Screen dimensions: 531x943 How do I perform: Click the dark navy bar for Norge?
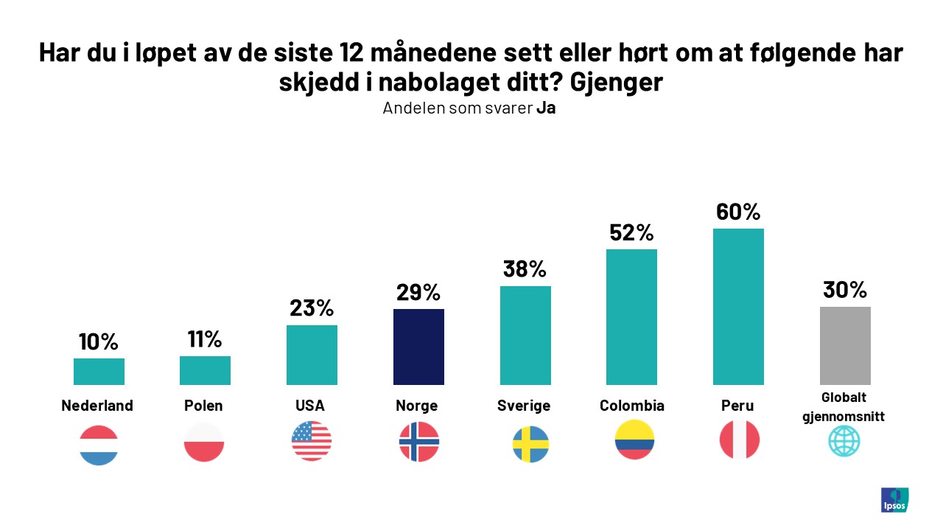click(x=418, y=347)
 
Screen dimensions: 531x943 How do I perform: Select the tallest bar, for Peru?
click(x=738, y=307)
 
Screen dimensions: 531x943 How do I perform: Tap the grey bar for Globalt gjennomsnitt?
click(x=845, y=346)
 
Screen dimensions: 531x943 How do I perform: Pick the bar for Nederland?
click(x=99, y=372)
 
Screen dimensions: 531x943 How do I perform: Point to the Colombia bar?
click(x=631, y=317)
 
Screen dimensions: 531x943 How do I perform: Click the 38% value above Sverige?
click(x=525, y=269)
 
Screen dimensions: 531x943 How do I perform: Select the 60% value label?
click(x=738, y=212)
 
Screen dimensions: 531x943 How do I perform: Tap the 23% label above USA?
click(x=312, y=308)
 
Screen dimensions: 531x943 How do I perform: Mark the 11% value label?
click(x=204, y=339)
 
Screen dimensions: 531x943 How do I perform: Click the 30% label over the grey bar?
click(x=845, y=290)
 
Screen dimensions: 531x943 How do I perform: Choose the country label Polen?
click(x=204, y=406)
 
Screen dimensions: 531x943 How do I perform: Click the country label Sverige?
click(x=524, y=406)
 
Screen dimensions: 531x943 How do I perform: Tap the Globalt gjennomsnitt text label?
click(x=845, y=407)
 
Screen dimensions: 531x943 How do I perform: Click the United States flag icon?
click(x=312, y=441)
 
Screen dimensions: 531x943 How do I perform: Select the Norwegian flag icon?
click(x=418, y=442)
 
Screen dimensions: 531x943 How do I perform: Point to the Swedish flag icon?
click(x=530, y=444)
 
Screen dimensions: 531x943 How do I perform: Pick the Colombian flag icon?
click(x=634, y=440)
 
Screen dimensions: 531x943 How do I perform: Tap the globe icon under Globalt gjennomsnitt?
click(x=844, y=442)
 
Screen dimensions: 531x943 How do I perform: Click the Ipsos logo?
click(x=894, y=499)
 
